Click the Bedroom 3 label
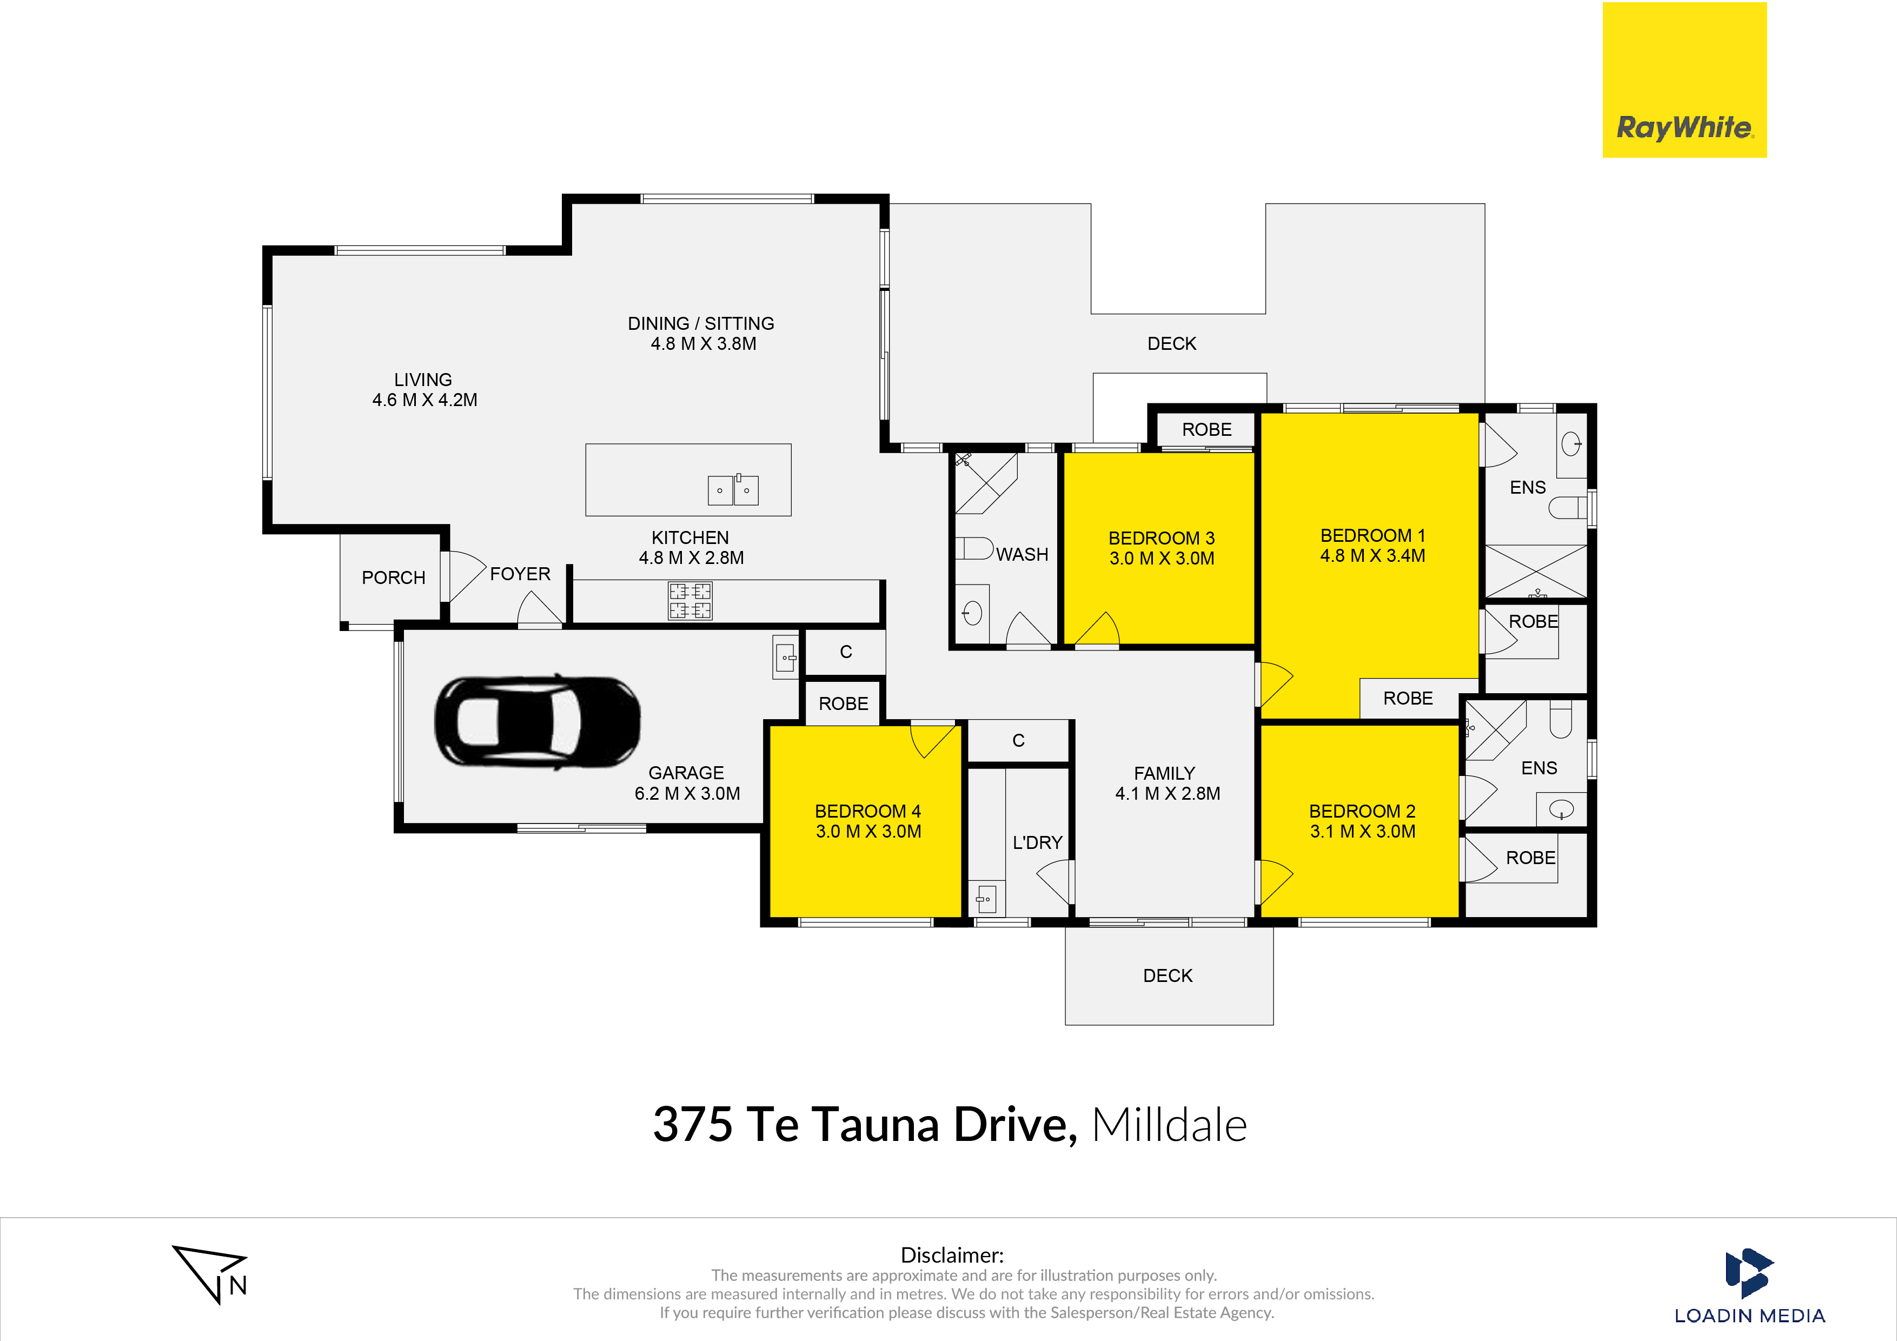click(1162, 538)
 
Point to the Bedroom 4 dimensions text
click(868, 831)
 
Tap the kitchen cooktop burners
click(690, 601)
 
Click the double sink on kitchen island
click(733, 489)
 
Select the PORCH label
click(393, 577)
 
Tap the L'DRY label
click(1038, 843)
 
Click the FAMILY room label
click(1164, 773)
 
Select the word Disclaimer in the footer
click(952, 1255)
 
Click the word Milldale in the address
click(1169, 1125)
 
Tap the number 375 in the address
click(692, 1125)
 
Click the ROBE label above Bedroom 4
click(844, 704)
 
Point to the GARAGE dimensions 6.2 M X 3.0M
click(687, 793)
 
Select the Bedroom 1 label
click(1372, 535)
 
